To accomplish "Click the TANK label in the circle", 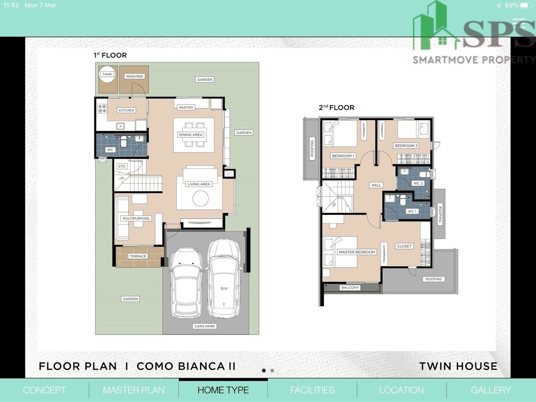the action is pos(107,74).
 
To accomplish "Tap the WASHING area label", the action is pos(134,77).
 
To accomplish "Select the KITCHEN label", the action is pos(126,110).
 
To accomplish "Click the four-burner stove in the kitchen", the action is pos(102,108).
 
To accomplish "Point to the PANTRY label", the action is pos(186,107).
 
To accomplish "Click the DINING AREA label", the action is pos(191,135).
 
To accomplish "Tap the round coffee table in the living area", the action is pos(200,198).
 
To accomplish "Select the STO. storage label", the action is pos(122,166).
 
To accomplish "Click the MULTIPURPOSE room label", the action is pos(136,218).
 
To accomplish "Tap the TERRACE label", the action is pos(138,256).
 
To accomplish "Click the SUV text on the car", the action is pos(224,288).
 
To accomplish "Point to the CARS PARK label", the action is pos(204,326).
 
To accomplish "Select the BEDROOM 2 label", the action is pos(406,146).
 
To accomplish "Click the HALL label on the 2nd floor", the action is pos(376,185).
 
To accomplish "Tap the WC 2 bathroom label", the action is pos(418,183).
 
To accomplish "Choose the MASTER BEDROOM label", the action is pos(357,252).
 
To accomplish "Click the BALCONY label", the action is pos(350,287).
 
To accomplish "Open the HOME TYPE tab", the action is pos(223,390).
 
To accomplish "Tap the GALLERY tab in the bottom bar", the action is pos(491,390).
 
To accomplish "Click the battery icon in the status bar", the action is pos(526,5).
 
